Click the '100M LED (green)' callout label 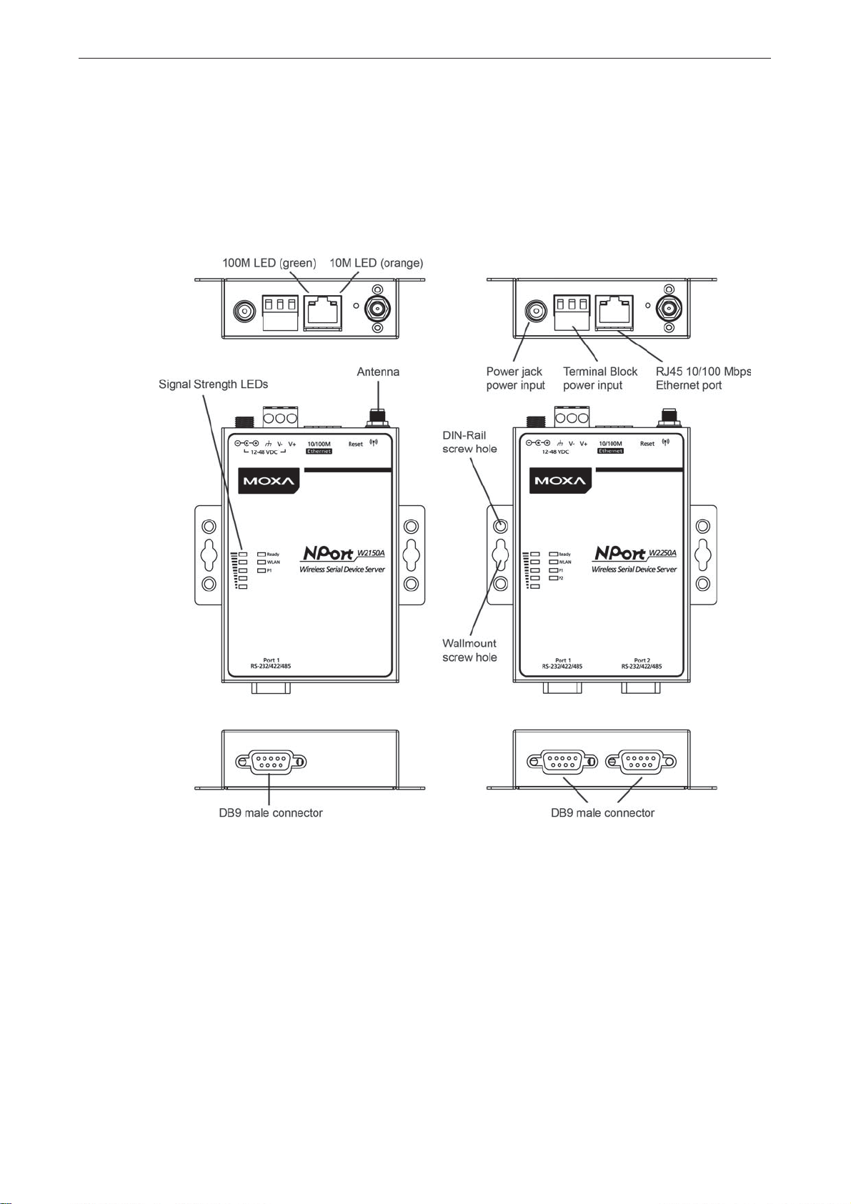point(269,263)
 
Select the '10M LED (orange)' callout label point(376,263)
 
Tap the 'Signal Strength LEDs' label point(213,384)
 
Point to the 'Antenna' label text point(378,372)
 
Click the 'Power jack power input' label point(515,379)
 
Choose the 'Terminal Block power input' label point(600,379)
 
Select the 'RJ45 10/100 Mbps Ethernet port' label point(703,379)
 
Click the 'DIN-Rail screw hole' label point(469,442)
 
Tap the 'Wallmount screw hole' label point(469,650)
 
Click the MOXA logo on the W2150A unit point(269,480)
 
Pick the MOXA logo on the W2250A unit point(560,480)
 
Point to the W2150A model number point(370,552)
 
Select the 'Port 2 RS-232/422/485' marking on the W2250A point(642,663)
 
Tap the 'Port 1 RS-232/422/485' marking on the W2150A point(271,663)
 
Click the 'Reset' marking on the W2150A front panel point(356,444)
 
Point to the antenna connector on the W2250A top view point(669,309)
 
